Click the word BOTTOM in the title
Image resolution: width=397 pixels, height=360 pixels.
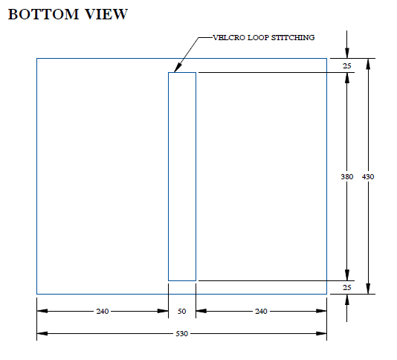point(44,14)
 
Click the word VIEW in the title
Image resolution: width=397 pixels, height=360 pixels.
point(106,14)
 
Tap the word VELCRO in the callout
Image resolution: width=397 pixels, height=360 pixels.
point(229,38)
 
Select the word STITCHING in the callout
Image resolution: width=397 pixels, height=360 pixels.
point(293,38)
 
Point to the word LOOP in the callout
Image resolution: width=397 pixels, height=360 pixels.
point(258,38)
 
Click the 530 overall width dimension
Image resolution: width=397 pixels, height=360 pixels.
point(182,334)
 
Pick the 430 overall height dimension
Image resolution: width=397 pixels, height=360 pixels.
point(368,176)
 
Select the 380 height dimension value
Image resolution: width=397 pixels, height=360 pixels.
point(347,176)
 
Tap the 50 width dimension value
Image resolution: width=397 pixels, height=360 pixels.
point(182,311)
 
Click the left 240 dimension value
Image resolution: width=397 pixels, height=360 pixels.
point(103,311)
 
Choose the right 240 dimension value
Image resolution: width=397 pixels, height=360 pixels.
point(261,311)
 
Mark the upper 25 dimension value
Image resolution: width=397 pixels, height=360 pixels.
point(347,66)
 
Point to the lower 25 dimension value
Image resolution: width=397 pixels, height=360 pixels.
point(347,288)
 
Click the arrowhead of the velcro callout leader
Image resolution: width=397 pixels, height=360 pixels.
point(178,68)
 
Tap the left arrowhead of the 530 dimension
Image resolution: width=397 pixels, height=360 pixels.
point(42,334)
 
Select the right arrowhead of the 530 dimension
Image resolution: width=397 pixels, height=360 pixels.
point(321,334)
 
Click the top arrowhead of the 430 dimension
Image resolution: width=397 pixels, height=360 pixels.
point(368,64)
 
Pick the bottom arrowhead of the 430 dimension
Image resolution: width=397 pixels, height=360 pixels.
point(368,289)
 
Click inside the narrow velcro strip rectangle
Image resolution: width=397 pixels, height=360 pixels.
point(182,176)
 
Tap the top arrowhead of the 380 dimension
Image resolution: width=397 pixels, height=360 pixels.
point(347,78)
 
